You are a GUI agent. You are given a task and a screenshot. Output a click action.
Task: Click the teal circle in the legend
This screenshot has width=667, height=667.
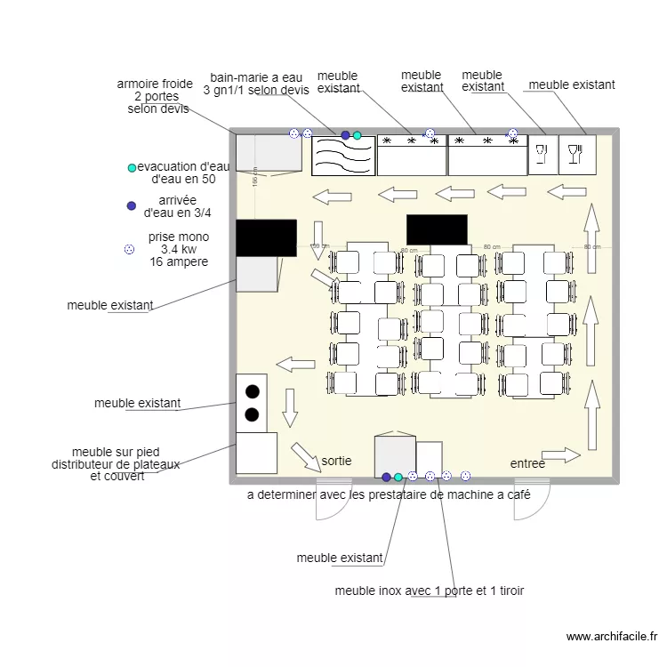click(x=132, y=167)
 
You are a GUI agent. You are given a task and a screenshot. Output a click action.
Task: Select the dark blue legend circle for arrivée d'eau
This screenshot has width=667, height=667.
click(x=132, y=205)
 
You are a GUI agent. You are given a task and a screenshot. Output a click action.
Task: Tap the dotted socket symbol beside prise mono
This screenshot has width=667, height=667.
click(x=129, y=250)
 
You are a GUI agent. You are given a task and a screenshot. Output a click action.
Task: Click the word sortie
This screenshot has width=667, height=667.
click(x=336, y=462)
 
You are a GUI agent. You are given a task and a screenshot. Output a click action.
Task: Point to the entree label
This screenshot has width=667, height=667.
click(x=527, y=464)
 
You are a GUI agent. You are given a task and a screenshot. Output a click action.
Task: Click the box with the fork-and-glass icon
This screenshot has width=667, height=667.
click(x=577, y=155)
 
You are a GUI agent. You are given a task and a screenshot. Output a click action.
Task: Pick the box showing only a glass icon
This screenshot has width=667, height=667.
click(x=542, y=155)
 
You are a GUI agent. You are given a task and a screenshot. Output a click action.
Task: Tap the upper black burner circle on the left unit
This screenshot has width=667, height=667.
click(x=252, y=390)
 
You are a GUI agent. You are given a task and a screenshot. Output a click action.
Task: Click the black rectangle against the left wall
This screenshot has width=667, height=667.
click(x=266, y=237)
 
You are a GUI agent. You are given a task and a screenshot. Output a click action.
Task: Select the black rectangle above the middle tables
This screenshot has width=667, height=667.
click(x=437, y=229)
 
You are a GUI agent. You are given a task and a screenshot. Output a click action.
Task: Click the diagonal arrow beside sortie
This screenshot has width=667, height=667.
click(x=306, y=456)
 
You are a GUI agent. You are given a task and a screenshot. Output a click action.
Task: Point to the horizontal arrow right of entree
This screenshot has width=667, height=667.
click(x=560, y=455)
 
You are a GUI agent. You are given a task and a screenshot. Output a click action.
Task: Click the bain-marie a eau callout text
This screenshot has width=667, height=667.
click(x=256, y=84)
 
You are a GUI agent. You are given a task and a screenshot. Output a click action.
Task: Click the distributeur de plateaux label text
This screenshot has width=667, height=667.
click(x=116, y=464)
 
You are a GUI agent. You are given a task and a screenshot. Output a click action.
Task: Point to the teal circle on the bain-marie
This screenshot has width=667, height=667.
click(x=357, y=135)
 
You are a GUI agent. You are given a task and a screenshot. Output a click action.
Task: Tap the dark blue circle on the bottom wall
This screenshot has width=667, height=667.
click(x=386, y=477)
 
